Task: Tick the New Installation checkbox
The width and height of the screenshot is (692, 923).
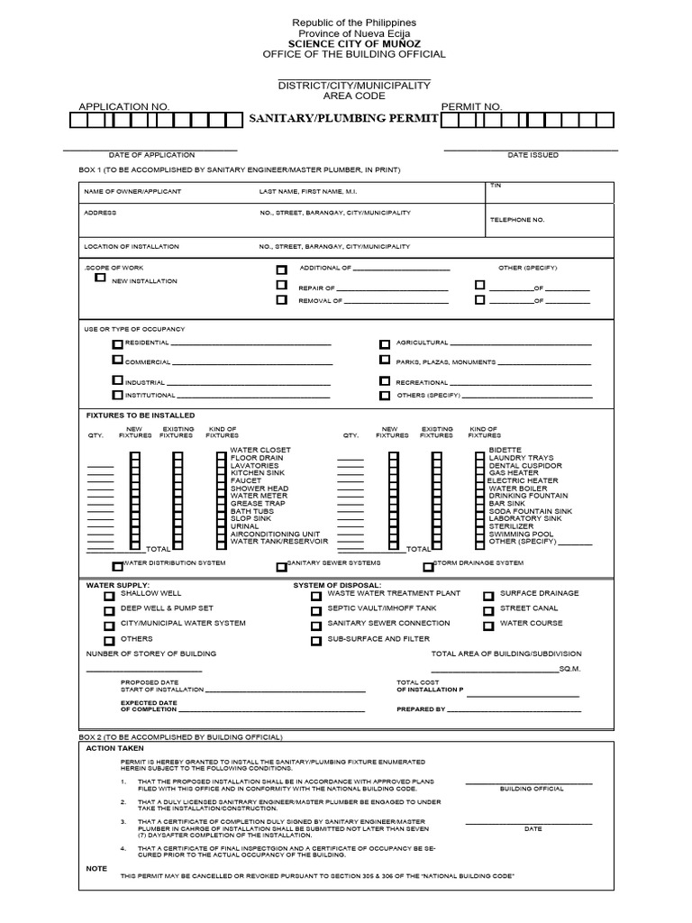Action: (x=100, y=279)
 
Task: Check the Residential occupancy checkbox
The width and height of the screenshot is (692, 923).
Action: (x=118, y=344)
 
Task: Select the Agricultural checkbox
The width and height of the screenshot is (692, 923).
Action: (x=385, y=344)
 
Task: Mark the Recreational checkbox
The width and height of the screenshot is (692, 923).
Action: (x=385, y=381)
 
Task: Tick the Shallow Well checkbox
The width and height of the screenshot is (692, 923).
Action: (x=109, y=596)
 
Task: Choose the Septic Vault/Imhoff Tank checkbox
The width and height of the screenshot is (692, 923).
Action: (x=315, y=610)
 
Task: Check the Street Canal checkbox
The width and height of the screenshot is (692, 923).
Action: (x=487, y=610)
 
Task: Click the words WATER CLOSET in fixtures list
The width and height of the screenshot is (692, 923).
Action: (x=260, y=450)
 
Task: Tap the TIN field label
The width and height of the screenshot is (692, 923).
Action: (x=495, y=185)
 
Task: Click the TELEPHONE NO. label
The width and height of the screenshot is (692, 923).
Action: (x=517, y=219)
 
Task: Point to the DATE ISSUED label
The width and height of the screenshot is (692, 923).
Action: (x=533, y=155)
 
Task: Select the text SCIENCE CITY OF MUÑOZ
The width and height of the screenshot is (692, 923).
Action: (x=353, y=43)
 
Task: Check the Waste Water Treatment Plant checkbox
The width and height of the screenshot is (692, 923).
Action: (x=315, y=596)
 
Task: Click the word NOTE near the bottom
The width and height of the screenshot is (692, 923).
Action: (x=96, y=869)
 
